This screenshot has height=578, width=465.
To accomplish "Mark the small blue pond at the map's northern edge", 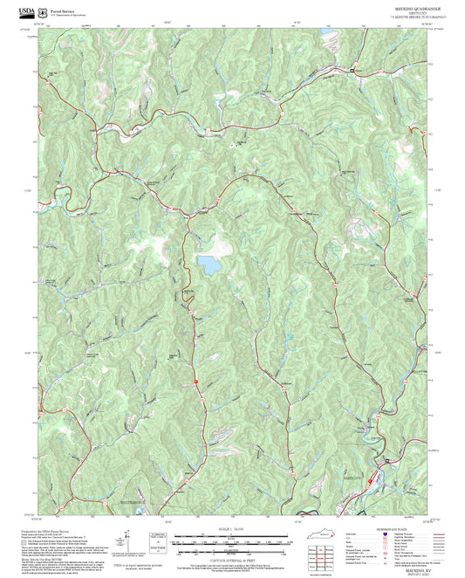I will (331, 37).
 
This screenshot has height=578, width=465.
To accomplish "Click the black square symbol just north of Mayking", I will (386, 460).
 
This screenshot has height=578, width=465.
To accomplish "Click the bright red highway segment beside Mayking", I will (373, 478).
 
